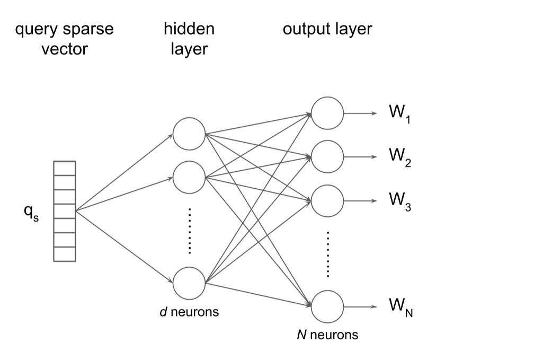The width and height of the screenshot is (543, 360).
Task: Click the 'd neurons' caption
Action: [189, 312]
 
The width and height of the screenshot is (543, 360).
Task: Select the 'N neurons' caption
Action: [327, 335]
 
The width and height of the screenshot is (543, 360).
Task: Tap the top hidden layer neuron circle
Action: [189, 134]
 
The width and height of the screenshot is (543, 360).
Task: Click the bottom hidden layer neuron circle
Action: [189, 283]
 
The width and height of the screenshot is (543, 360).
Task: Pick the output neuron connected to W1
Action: [327, 113]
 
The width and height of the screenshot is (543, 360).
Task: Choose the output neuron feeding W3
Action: [327, 200]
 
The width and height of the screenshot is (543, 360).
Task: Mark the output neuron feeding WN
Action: [327, 306]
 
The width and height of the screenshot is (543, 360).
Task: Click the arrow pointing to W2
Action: [360, 157]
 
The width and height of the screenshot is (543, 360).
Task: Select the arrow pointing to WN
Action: [360, 306]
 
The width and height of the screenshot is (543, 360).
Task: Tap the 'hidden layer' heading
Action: [189, 39]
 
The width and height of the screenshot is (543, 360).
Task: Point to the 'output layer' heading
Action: [327, 29]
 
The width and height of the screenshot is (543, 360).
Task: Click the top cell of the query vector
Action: [65, 166]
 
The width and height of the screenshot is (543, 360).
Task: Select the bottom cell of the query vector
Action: [65, 254]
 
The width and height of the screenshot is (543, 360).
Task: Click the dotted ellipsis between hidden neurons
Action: [189, 231]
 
